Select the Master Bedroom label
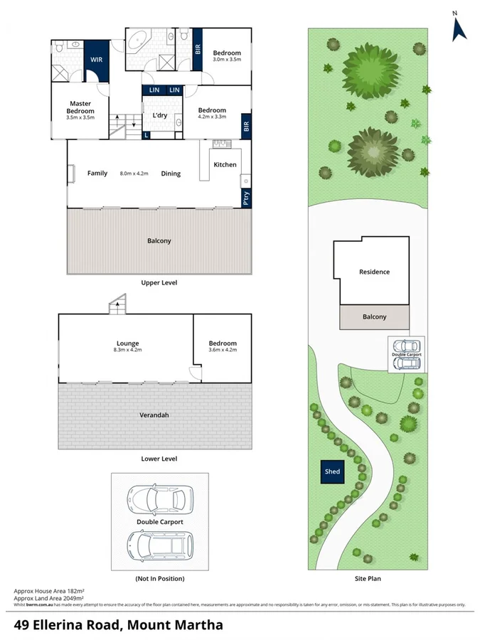pos(80,107)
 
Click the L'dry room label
pos(159,115)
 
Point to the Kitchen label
pos(225,165)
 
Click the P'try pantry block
pos(246,199)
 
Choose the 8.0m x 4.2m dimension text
pos(135,173)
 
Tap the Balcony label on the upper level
pos(159,241)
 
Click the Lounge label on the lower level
pos(128,343)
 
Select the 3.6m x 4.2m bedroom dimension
pos(222,350)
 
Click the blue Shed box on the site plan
pos(332,471)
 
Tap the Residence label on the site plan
pos(374,272)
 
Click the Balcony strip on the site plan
pos(374,317)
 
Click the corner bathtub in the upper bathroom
pos(137,40)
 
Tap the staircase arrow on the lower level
pos(115,306)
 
